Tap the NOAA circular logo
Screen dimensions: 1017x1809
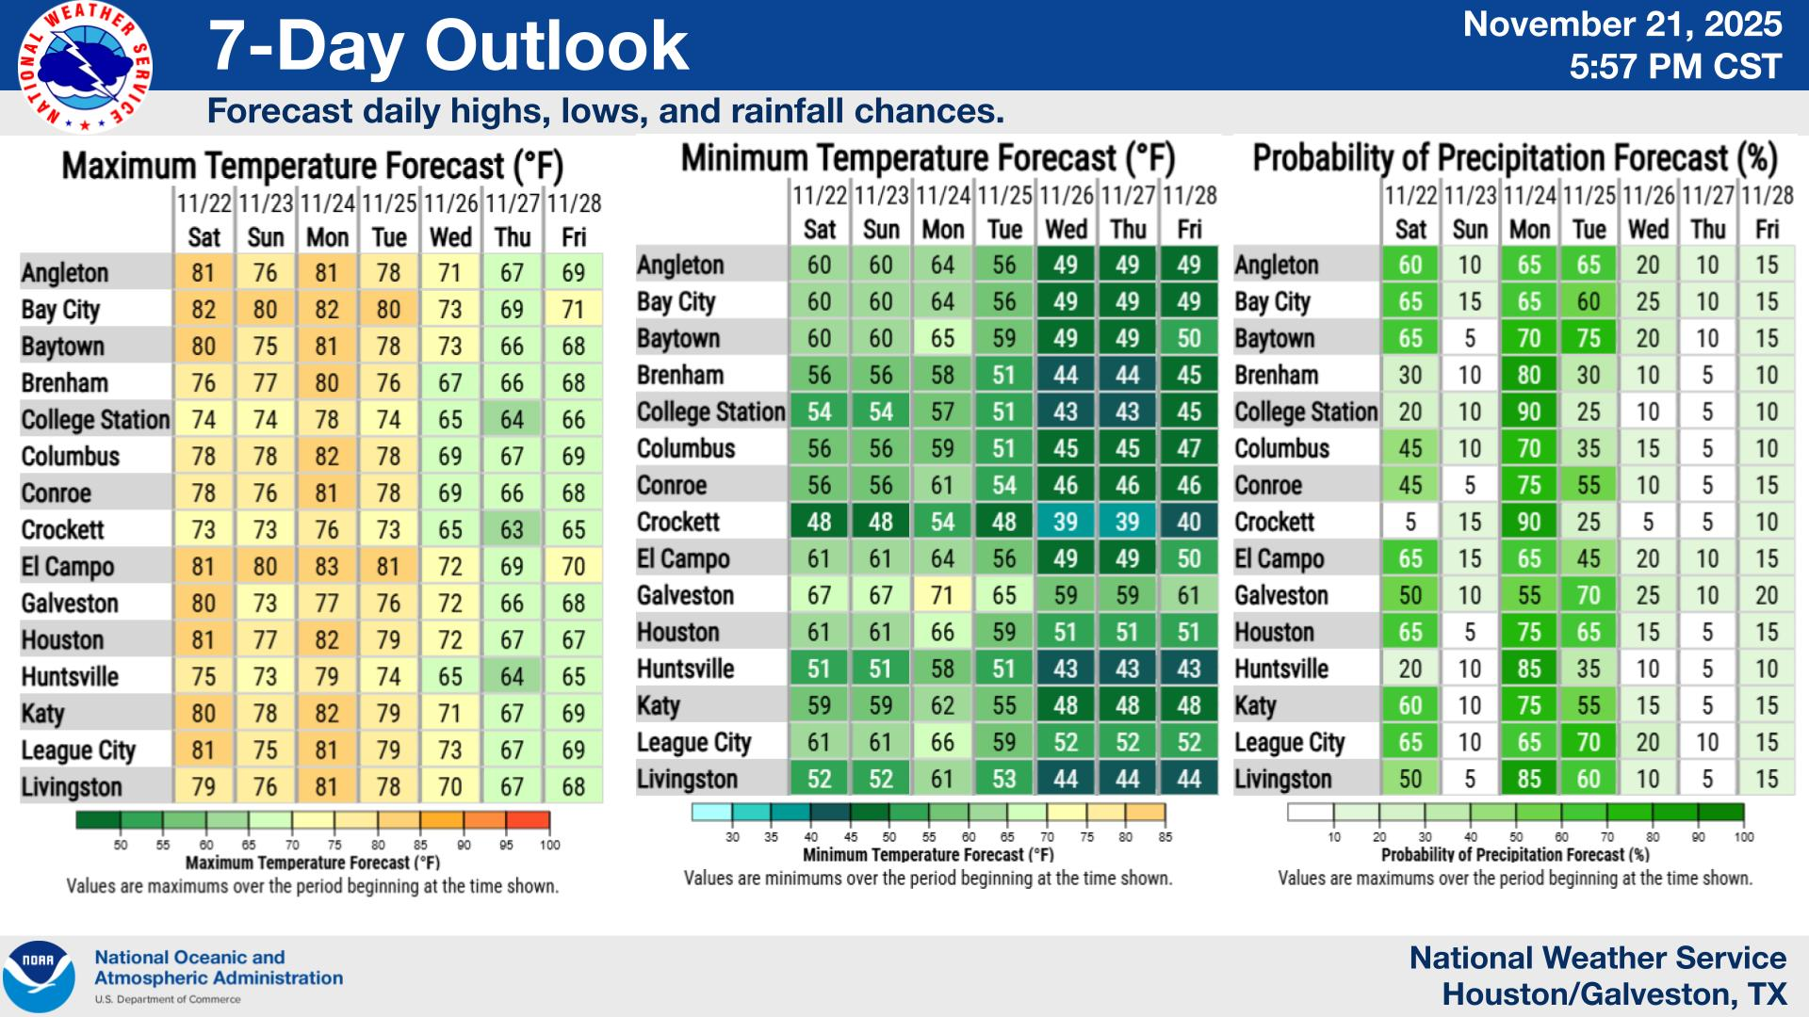click(x=38, y=976)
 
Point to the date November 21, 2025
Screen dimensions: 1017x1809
click(x=1622, y=24)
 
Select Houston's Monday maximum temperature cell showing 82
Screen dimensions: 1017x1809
click(x=326, y=640)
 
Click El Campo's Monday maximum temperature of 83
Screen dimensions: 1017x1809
click(x=326, y=567)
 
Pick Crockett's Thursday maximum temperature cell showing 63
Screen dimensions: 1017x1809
click(x=512, y=530)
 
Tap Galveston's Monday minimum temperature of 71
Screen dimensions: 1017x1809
click(x=942, y=595)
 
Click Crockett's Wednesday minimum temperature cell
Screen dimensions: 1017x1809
click(x=1066, y=522)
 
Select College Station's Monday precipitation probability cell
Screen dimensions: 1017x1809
click(x=1528, y=412)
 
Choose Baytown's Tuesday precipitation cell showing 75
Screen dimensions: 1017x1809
click(x=1589, y=338)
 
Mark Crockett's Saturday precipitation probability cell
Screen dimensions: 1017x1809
click(x=1410, y=522)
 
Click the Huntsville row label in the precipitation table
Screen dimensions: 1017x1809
click(x=1281, y=669)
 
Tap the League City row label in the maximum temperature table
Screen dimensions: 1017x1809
click(x=78, y=751)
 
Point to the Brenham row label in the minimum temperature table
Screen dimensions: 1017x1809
click(x=679, y=375)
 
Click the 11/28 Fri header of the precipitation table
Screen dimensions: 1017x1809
click(x=1767, y=213)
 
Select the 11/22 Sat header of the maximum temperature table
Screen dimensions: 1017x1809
click(x=204, y=220)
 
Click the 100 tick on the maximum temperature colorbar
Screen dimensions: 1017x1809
click(x=549, y=845)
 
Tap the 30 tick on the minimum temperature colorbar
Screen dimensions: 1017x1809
click(x=732, y=837)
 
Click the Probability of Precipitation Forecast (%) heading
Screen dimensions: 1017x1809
click(x=1514, y=158)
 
